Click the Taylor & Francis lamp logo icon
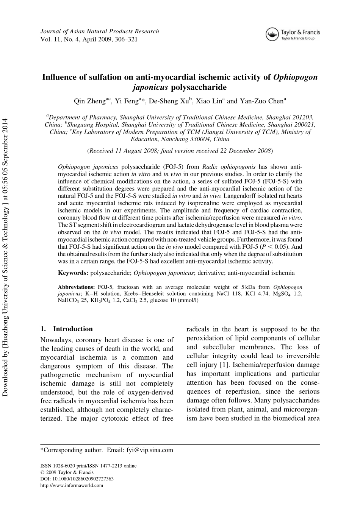[271, 34]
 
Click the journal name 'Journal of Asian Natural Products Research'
[100, 31]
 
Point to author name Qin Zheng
[89, 101]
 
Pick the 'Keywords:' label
[73, 273]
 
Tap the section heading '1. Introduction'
[67, 329]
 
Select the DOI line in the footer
[77, 479]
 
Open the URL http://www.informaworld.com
[72, 485]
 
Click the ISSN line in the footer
[88, 466]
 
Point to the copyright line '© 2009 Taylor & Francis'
[67, 472]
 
